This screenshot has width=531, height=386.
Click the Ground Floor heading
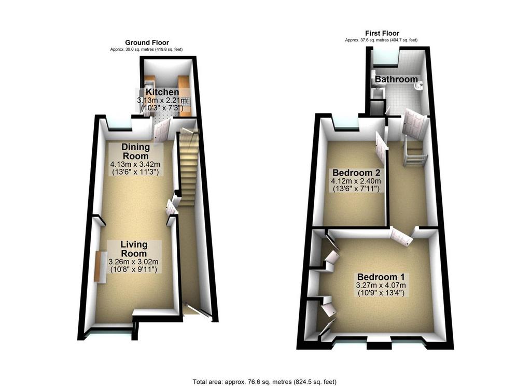click(x=147, y=42)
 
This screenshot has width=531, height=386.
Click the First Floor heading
click(x=382, y=33)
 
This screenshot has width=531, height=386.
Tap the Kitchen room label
click(x=162, y=92)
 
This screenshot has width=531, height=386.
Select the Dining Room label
click(x=135, y=152)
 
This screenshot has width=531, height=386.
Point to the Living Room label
click(x=134, y=249)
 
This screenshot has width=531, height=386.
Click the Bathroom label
click(x=396, y=79)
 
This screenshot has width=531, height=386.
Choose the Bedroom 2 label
click(x=356, y=173)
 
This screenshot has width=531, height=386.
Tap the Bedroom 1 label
click(x=381, y=277)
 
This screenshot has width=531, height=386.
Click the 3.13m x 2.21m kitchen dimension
click(x=162, y=101)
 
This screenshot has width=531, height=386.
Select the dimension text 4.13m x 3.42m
click(x=135, y=164)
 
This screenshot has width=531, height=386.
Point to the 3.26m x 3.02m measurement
click(x=133, y=262)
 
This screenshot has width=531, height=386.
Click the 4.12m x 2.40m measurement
click(x=356, y=181)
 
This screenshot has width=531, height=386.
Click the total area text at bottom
click(x=264, y=382)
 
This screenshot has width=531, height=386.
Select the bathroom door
click(x=413, y=123)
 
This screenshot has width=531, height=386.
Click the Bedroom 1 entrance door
click(x=402, y=236)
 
